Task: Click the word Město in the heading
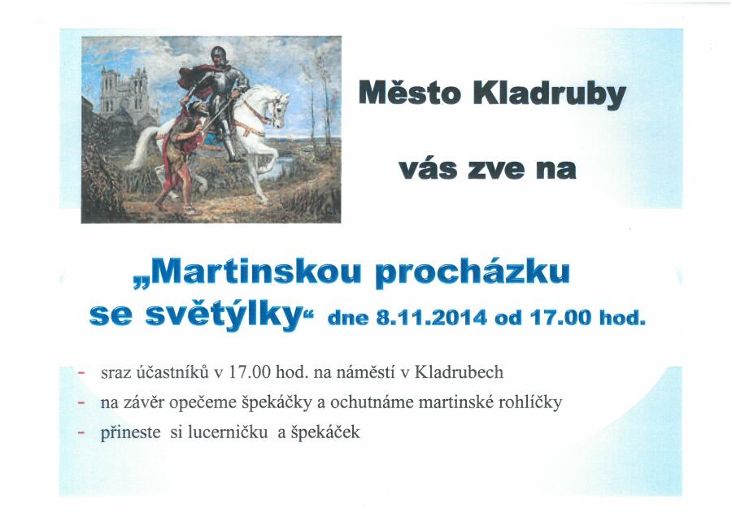409,93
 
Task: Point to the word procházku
473,275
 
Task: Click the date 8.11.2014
431,318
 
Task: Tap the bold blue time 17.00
561,318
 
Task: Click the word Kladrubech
460,372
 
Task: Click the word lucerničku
228,432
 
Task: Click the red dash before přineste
81,433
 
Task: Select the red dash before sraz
81,373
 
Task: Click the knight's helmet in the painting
219,56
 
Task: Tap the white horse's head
278,107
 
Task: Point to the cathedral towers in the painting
124,91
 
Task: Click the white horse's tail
143,145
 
